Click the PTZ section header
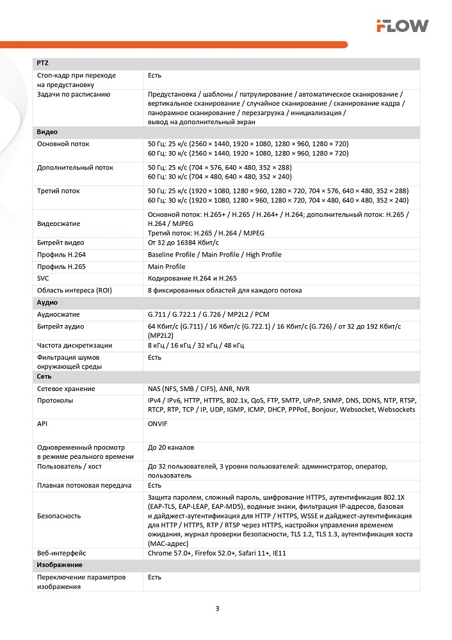tap(43, 63)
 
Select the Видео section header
tap(47, 132)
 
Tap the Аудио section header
tap(47, 302)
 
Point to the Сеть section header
tap(44, 377)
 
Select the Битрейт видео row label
tap(61, 243)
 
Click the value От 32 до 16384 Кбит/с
tap(183, 243)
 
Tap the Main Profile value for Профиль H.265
tap(166, 266)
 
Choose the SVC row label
tap(44, 278)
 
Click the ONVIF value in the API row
tap(158, 423)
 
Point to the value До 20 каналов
tap(171, 447)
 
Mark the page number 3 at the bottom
tap(218, 608)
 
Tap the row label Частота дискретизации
tap(75, 346)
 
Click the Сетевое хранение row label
tap(66, 388)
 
